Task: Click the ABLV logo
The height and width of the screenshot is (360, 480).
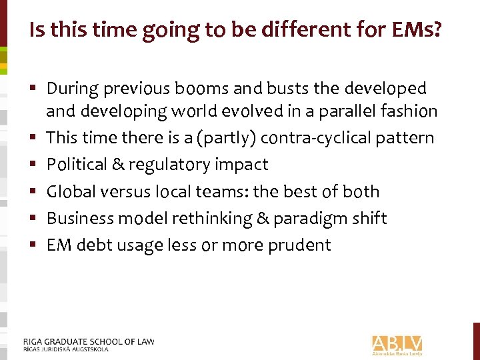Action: (397, 343)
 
